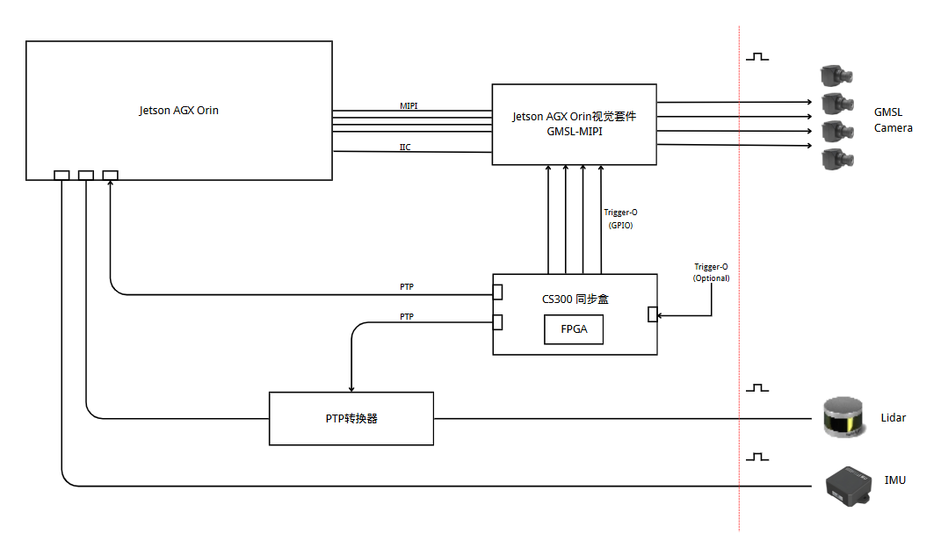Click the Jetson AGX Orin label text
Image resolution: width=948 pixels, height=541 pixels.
(x=178, y=111)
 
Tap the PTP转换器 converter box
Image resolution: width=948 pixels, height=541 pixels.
(x=351, y=419)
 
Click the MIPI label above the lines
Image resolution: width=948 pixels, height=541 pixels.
(x=409, y=106)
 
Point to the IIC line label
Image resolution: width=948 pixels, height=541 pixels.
(x=405, y=147)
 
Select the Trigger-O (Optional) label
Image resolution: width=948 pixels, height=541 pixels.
(x=711, y=272)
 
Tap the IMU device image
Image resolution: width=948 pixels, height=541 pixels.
(x=848, y=484)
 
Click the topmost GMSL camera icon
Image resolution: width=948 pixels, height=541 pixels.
(x=836, y=74)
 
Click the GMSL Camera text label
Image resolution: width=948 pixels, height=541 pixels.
(x=893, y=120)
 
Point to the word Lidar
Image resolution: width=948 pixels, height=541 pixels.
(x=893, y=417)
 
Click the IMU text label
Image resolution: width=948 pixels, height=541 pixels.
(x=895, y=480)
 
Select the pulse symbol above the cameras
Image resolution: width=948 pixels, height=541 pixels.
(x=757, y=56)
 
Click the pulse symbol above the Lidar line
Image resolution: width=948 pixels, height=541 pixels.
(x=757, y=387)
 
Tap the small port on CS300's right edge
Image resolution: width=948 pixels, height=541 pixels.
(x=653, y=314)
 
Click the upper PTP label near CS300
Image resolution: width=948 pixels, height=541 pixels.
(x=407, y=287)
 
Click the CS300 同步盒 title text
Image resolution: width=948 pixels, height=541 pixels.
(x=575, y=299)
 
